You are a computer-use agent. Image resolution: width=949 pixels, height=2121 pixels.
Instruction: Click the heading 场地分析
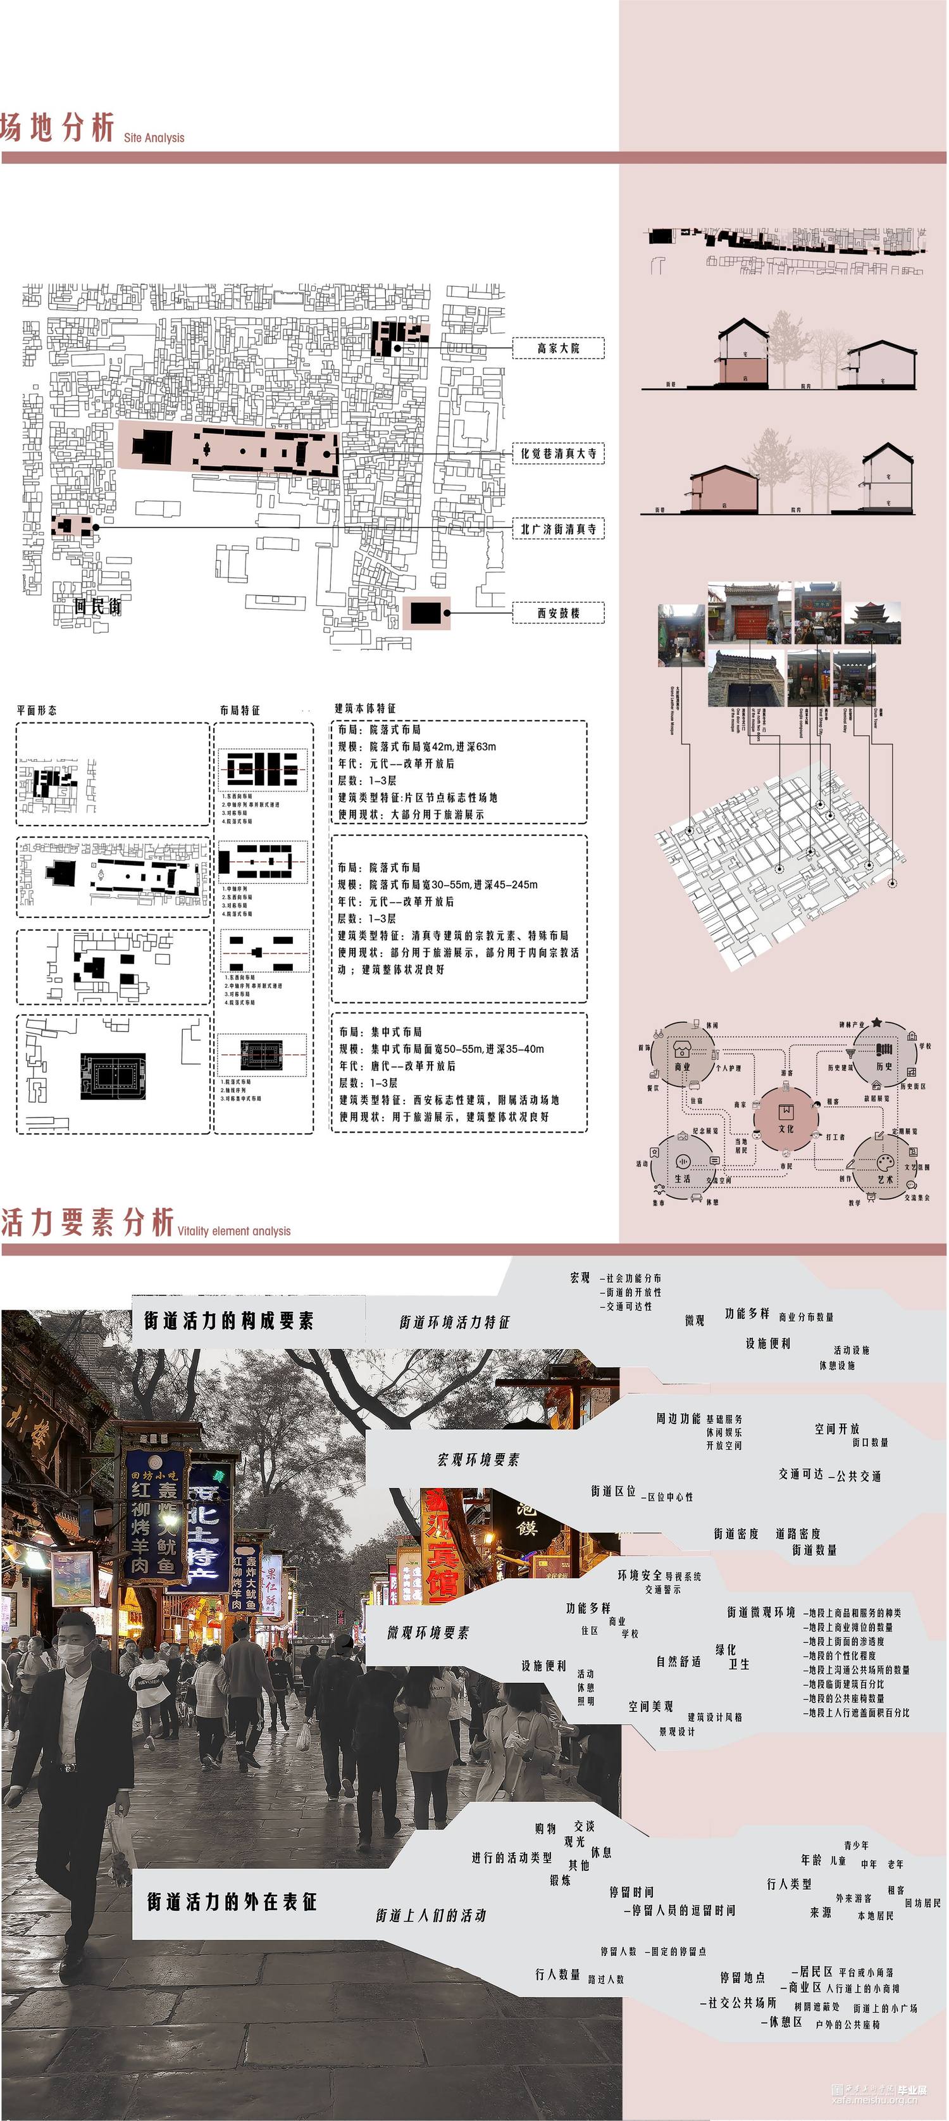58,129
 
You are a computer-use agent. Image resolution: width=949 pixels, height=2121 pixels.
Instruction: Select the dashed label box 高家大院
558,348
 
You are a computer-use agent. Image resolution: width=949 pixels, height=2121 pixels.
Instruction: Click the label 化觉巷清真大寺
558,454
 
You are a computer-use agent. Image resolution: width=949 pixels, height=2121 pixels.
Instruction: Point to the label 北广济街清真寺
558,529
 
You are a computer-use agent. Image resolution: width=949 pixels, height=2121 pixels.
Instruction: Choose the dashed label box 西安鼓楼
558,613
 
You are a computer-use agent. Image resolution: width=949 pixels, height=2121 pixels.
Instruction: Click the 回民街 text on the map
97,607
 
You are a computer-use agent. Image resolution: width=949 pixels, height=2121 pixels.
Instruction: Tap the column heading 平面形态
37,710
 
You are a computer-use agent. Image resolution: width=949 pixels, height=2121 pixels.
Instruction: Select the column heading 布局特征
240,710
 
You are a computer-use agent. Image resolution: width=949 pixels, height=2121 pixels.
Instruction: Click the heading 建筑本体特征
364,708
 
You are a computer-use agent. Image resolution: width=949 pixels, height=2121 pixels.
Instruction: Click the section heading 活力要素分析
88,1223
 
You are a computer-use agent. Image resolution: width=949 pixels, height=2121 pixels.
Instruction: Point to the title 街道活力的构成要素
229,1321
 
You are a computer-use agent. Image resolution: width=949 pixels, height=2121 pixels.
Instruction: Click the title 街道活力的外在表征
232,1902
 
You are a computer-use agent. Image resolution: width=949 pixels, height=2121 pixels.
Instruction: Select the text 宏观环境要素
478,1460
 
